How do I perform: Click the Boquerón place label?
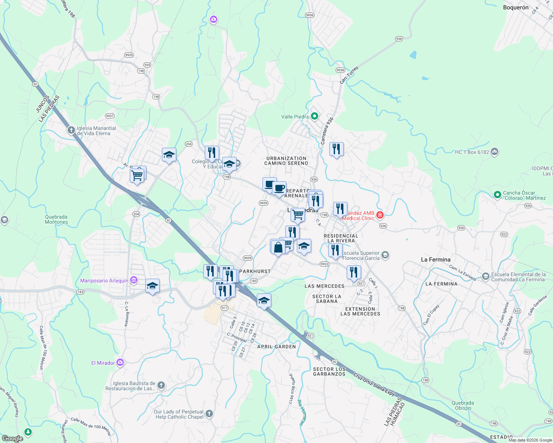tap(516, 7)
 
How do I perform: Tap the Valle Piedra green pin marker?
tap(315, 117)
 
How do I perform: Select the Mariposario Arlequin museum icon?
tap(134, 281)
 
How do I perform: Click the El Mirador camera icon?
tap(120, 363)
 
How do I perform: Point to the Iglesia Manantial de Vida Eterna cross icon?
tap(71, 130)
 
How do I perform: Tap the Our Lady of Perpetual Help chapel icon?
tap(209, 414)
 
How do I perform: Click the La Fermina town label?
tap(435, 260)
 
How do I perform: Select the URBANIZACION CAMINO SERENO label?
tap(286, 161)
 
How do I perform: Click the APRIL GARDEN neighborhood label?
tap(276, 347)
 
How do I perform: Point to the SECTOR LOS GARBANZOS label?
tap(329, 371)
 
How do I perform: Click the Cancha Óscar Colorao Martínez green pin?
tap(498, 195)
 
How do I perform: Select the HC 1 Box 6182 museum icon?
tap(495, 151)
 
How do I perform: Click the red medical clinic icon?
tap(380, 215)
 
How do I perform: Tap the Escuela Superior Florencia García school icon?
tap(385, 255)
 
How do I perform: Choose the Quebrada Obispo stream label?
tap(463, 405)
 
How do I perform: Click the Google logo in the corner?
tap(12, 439)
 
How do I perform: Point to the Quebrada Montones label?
tap(56, 219)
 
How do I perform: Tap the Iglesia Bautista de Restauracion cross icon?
tap(161, 385)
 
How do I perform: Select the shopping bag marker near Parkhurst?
tap(278, 247)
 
